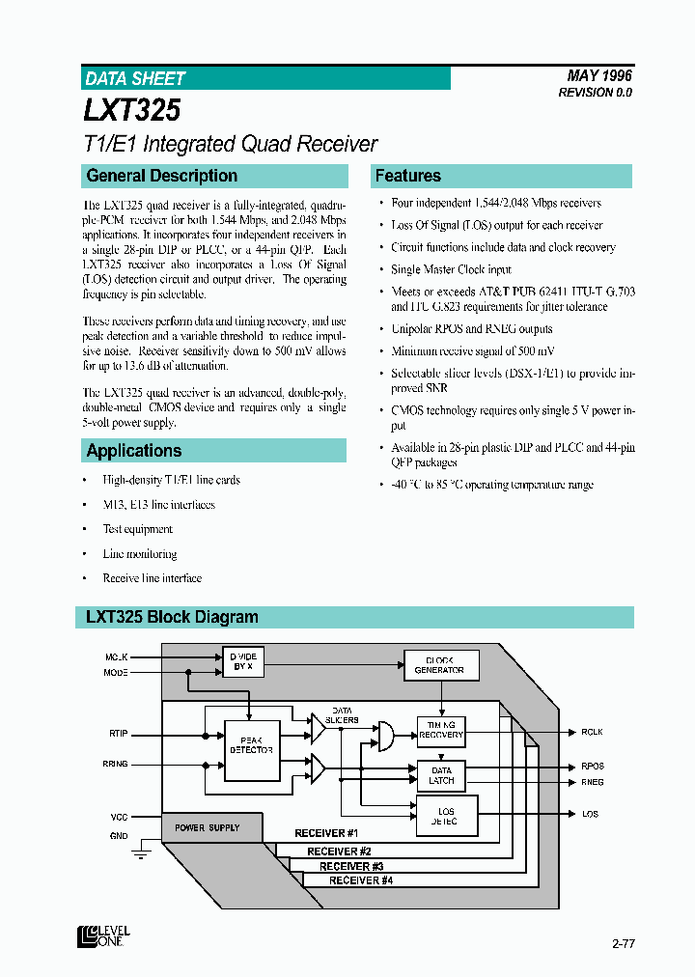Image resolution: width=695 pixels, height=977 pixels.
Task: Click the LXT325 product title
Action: tap(131, 111)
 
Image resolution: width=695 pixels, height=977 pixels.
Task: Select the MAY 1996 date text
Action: tap(600, 75)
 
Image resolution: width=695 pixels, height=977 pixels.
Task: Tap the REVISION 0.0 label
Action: tap(595, 93)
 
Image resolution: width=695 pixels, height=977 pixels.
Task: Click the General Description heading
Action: tap(161, 176)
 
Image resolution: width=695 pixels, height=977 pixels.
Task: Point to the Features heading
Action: tap(407, 176)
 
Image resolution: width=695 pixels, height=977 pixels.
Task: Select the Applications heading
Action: tap(133, 451)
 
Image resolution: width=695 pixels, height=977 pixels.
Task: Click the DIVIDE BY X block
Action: tap(243, 661)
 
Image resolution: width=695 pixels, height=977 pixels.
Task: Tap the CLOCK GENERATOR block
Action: tap(439, 665)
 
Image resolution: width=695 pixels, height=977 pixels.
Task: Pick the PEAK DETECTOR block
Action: tap(251, 750)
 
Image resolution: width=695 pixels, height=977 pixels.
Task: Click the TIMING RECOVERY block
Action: tap(440, 730)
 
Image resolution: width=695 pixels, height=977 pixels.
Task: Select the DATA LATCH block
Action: tap(440, 775)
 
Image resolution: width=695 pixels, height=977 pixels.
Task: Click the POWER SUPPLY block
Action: tap(208, 828)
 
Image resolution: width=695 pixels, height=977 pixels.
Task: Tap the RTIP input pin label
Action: tap(118, 734)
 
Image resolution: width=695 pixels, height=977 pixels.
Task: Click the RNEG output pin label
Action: tap(593, 782)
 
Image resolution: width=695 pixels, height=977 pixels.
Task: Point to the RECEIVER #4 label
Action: tap(361, 880)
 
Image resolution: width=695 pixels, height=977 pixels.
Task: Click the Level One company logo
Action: tap(104, 935)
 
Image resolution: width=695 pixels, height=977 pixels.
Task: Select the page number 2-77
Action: tap(624, 942)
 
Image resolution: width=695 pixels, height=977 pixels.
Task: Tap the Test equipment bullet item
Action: tap(137, 529)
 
